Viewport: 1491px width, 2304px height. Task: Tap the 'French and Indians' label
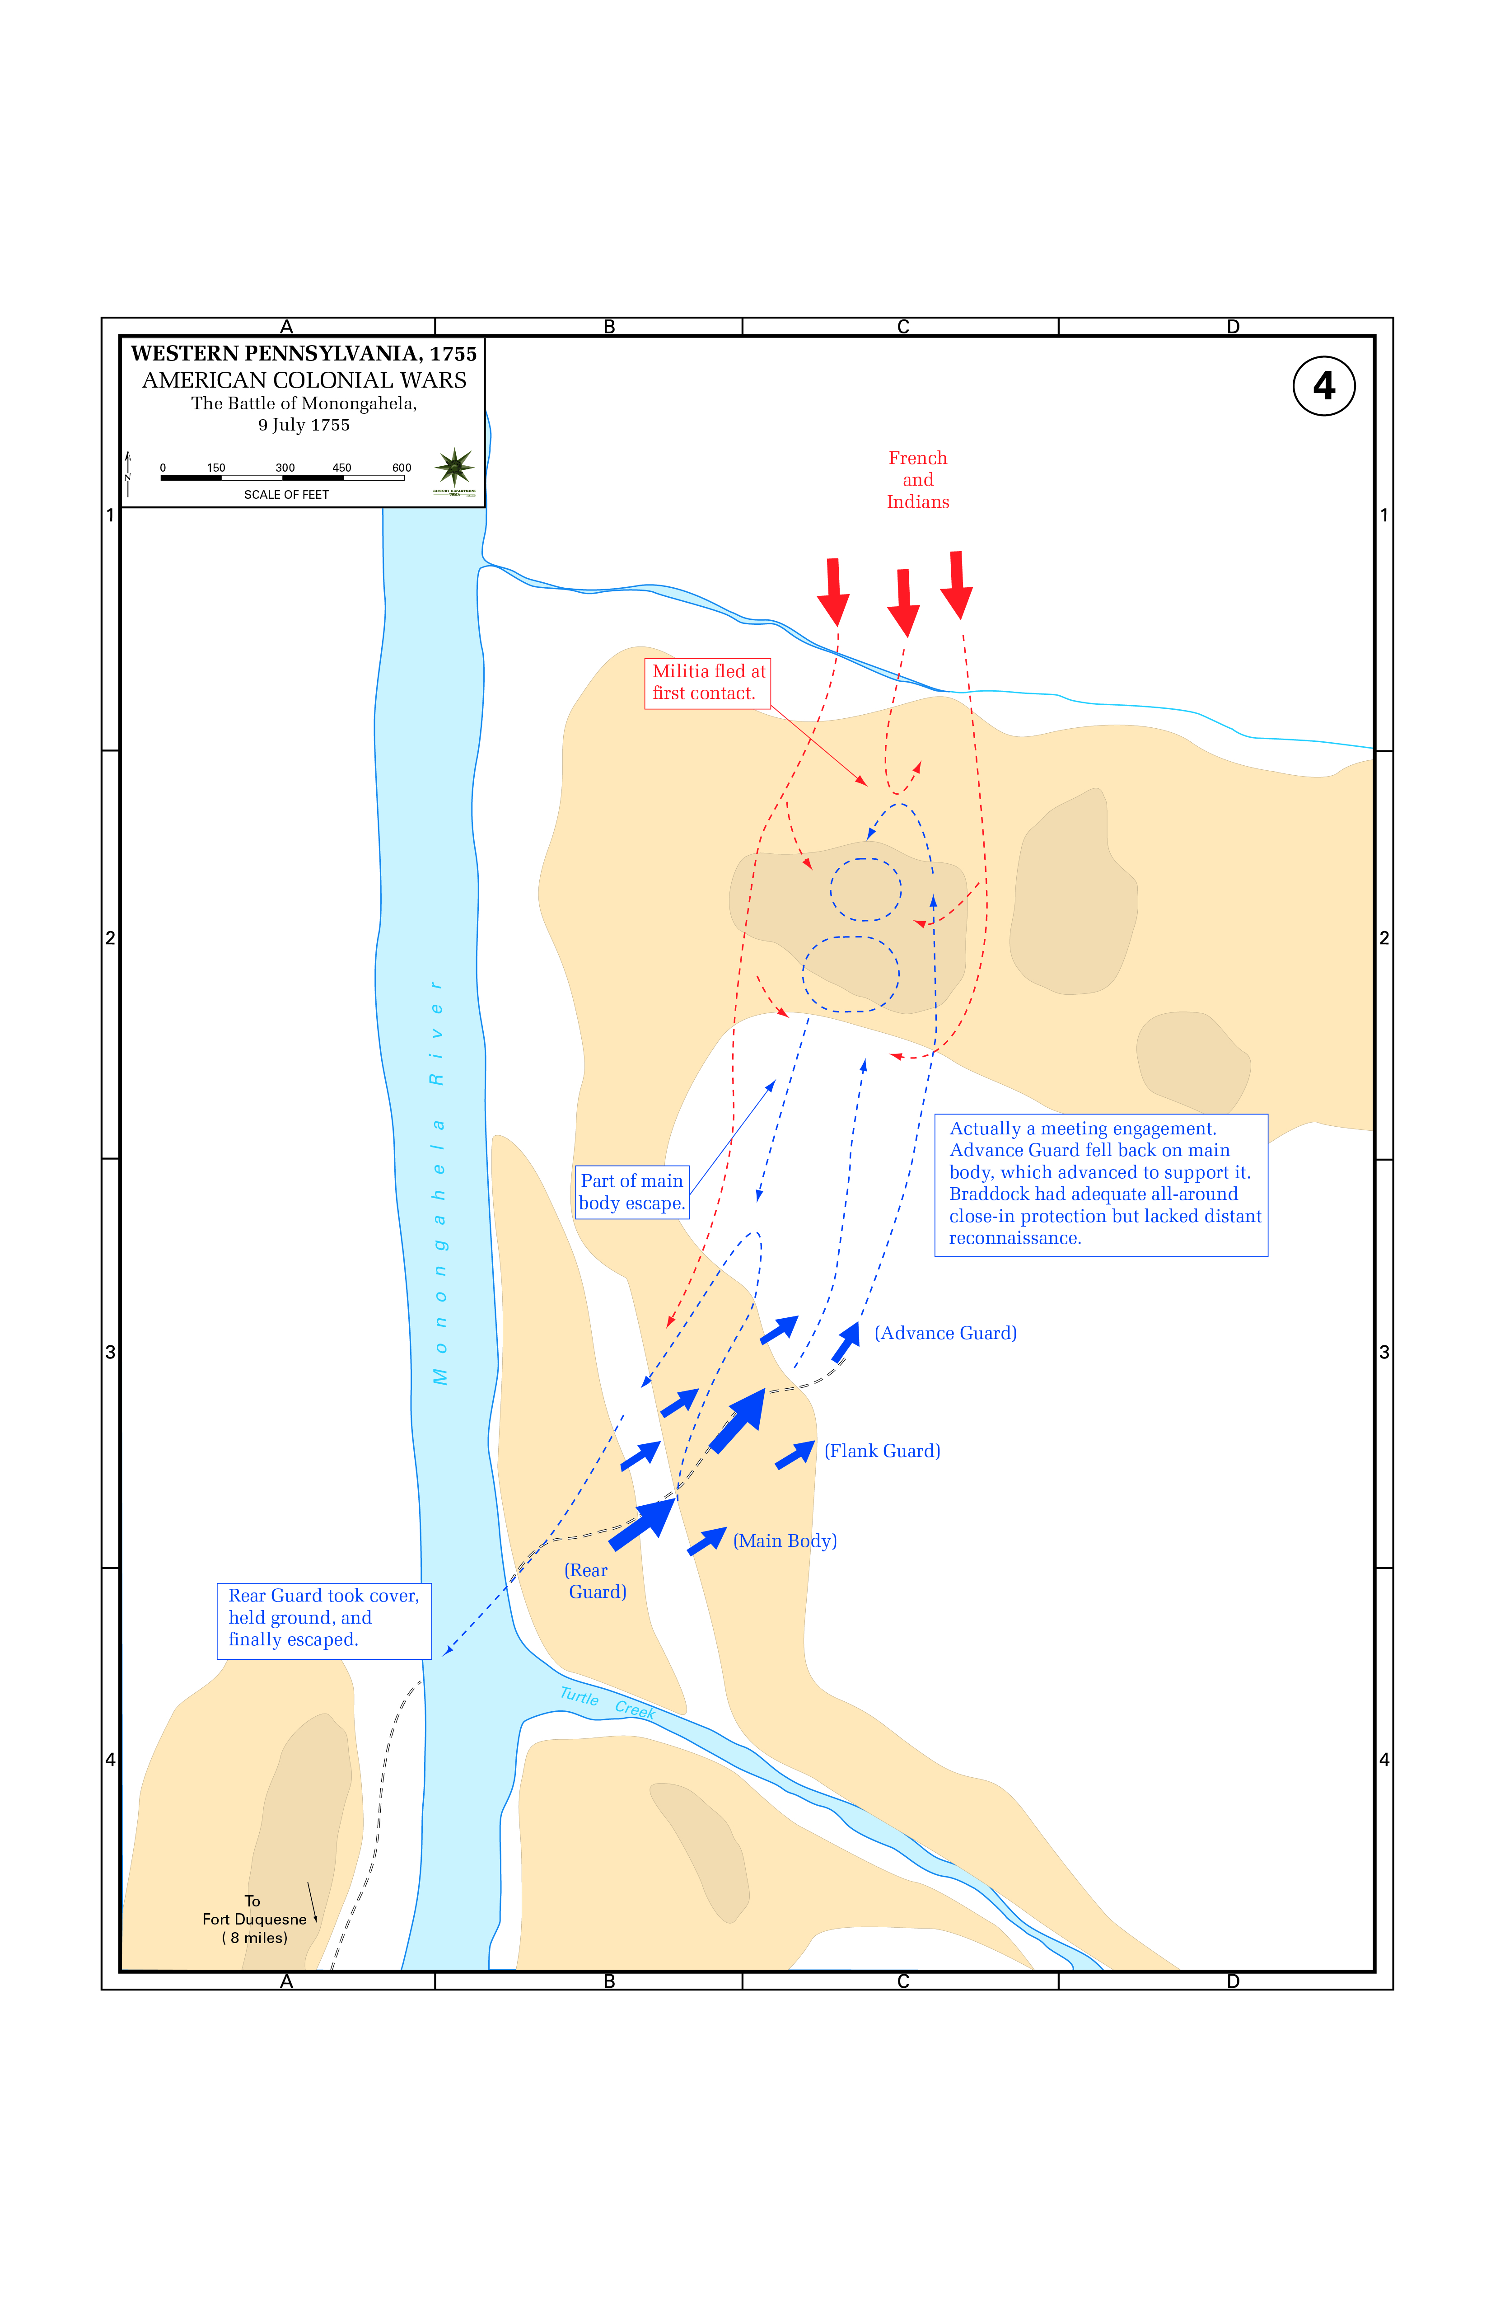[918, 480]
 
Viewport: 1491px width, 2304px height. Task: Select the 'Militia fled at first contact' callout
[708, 683]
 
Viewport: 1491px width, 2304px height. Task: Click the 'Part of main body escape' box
[632, 1192]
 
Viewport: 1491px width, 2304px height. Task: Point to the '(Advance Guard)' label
[945, 1333]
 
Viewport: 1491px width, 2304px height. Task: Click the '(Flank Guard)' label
[882, 1450]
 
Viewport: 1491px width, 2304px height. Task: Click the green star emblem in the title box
[454, 468]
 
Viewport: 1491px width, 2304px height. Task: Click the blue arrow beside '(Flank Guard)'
[795, 1454]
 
